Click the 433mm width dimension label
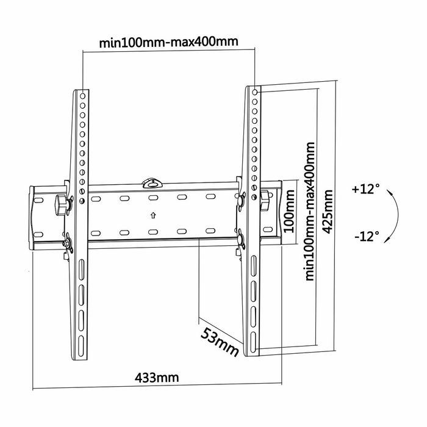(x=157, y=376)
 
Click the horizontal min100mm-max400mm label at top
(x=168, y=43)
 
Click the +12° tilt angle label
(x=366, y=189)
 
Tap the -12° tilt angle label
(x=366, y=235)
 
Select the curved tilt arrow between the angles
(x=393, y=212)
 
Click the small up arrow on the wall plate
(x=152, y=215)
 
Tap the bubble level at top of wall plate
(x=152, y=181)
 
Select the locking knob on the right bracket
(x=267, y=200)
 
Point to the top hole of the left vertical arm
(x=83, y=95)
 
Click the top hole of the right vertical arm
(x=254, y=91)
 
